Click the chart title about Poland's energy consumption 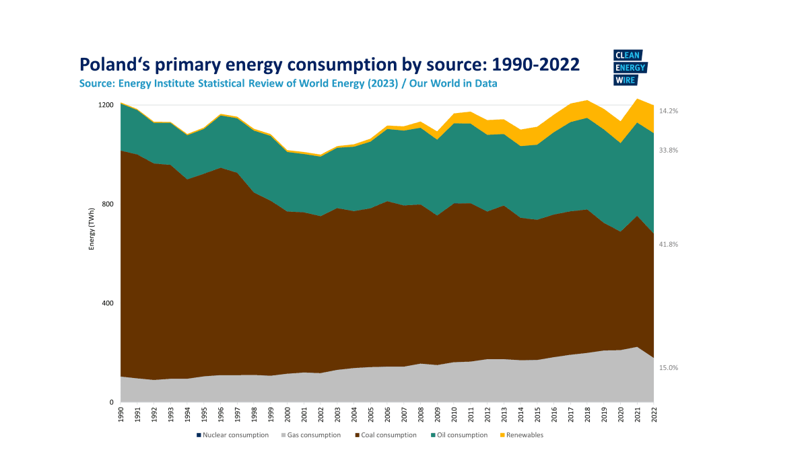coord(329,65)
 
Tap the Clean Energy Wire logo coord(630,68)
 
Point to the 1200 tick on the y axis coord(106,105)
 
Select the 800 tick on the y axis coord(108,204)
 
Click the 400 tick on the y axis coord(108,303)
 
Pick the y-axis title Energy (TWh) coord(92,229)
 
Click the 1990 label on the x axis coord(121,412)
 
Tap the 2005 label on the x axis coord(371,412)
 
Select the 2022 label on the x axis coord(654,412)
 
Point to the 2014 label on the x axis coord(520,412)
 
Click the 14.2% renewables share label coord(668,111)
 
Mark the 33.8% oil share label coord(668,151)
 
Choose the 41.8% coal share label coord(668,245)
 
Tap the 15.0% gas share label coord(668,368)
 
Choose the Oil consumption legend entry coord(461,435)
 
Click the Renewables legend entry coord(523,435)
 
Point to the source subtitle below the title coord(288,83)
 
